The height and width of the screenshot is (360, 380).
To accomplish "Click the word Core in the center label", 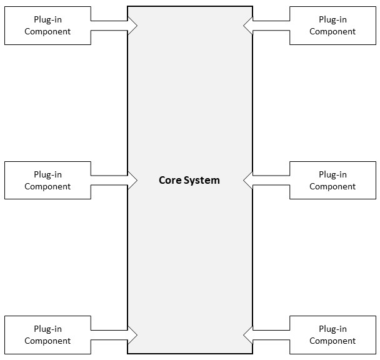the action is (x=170, y=180).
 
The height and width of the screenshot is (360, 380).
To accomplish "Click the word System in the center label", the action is (x=202, y=181).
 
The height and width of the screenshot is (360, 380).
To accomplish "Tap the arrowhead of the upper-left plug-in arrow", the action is (x=132, y=26).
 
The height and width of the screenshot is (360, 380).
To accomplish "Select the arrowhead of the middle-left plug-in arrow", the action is (x=132, y=181).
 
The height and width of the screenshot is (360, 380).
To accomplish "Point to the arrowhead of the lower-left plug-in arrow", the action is (x=132, y=335).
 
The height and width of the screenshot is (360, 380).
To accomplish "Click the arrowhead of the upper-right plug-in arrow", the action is (x=248, y=26).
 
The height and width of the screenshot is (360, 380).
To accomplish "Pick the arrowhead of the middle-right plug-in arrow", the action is (x=248, y=181).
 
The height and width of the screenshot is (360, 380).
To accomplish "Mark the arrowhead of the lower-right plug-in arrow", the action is (x=248, y=335).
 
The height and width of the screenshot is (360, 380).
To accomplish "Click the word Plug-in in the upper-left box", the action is (x=47, y=20).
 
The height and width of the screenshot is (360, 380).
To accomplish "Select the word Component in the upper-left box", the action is (x=47, y=32).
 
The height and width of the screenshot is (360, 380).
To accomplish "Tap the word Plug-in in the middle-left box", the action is (x=47, y=175).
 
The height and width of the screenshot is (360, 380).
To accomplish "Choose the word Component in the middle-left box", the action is (x=47, y=187).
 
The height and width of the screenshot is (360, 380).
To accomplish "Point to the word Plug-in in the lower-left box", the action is (x=47, y=329).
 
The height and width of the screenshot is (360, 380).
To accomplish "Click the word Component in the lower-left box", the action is (x=47, y=341).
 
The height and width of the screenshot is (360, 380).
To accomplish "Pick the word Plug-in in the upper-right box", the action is (x=332, y=20).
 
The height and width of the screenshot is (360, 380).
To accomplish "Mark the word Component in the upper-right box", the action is (x=332, y=32).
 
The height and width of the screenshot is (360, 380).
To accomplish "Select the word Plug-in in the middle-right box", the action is (x=332, y=175).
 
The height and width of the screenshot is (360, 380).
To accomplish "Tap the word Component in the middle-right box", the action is (x=332, y=187).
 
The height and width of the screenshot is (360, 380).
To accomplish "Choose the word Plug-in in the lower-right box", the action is (x=332, y=329).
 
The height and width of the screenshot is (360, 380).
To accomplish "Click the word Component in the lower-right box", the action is (x=332, y=341).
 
